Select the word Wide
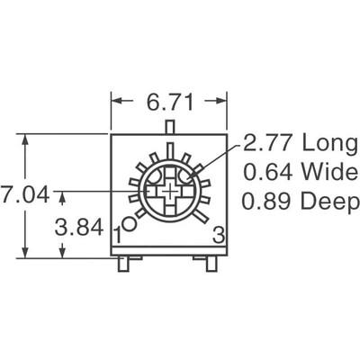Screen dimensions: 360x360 [x=318, y=172]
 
